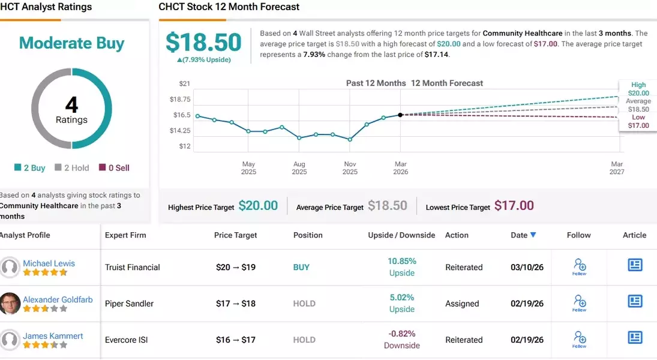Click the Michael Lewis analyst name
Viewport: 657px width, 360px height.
click(x=49, y=263)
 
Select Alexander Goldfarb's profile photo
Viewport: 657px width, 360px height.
click(x=10, y=304)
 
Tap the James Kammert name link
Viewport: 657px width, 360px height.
click(x=53, y=336)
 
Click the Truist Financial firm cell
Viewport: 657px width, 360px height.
click(x=132, y=268)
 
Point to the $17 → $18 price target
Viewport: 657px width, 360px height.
click(x=236, y=304)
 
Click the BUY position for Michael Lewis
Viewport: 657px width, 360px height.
click(x=301, y=268)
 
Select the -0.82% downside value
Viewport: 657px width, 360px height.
click(x=402, y=334)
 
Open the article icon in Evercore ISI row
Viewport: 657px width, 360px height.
click(x=635, y=337)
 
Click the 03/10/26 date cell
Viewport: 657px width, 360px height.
click(x=527, y=268)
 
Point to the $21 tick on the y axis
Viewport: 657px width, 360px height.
click(x=184, y=83)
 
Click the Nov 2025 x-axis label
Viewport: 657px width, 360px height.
click(x=350, y=168)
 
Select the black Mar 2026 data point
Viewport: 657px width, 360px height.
click(x=400, y=115)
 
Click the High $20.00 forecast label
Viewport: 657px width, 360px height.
click(x=638, y=89)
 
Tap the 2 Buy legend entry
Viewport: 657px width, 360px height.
click(x=30, y=168)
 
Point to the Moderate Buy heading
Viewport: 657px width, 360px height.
click(x=71, y=43)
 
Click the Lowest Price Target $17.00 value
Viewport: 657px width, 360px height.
click(x=514, y=206)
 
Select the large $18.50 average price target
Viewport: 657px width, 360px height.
click(x=203, y=43)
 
